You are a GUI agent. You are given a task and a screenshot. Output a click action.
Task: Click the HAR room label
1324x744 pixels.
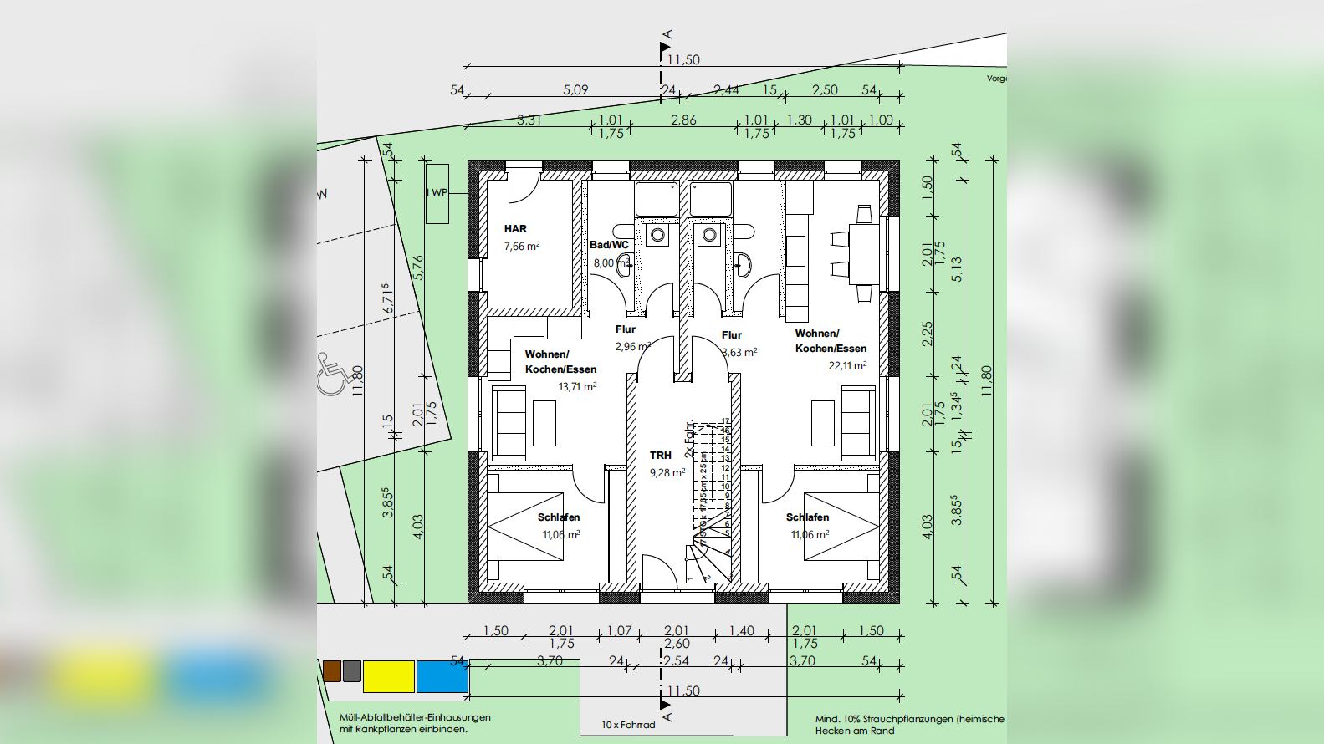pyautogui.click(x=515, y=228)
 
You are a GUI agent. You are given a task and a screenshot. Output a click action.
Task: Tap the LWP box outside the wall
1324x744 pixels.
pyautogui.click(x=437, y=193)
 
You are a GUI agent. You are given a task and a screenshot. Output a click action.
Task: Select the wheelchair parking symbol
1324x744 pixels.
pyautogui.click(x=333, y=375)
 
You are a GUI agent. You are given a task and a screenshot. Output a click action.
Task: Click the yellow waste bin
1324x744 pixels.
pyautogui.click(x=388, y=676)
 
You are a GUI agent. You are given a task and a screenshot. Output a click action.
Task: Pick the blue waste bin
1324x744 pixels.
pyautogui.click(x=442, y=676)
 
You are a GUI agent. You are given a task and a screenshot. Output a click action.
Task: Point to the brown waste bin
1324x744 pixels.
pyautogui.click(x=332, y=670)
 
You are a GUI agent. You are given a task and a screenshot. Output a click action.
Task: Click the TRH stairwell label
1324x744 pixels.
pyautogui.click(x=661, y=456)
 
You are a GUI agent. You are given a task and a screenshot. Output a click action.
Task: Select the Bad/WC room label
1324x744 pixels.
pyautogui.click(x=609, y=245)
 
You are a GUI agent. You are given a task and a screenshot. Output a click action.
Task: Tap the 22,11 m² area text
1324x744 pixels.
pyautogui.click(x=847, y=365)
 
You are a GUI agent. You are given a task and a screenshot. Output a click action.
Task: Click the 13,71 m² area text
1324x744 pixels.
pyautogui.click(x=577, y=386)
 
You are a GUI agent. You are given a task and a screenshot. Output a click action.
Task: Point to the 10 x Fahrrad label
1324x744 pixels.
pyautogui.click(x=628, y=725)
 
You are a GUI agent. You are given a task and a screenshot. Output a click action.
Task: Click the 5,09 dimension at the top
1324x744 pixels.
pyautogui.click(x=575, y=89)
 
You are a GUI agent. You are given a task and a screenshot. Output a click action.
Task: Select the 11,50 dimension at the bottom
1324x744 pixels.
pyautogui.click(x=683, y=690)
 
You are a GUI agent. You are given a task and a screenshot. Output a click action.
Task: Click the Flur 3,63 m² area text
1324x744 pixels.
pyautogui.click(x=739, y=352)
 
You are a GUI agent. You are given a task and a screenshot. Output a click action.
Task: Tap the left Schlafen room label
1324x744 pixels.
pyautogui.click(x=559, y=517)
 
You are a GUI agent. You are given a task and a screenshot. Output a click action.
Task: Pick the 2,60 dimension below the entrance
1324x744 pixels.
pyautogui.click(x=677, y=644)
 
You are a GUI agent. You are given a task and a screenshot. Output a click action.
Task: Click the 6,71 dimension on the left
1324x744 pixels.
pyautogui.click(x=387, y=298)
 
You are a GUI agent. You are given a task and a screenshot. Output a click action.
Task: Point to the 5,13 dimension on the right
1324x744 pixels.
pyautogui.click(x=957, y=268)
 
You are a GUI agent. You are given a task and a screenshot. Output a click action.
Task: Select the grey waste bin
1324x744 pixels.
pyautogui.click(x=352, y=670)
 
